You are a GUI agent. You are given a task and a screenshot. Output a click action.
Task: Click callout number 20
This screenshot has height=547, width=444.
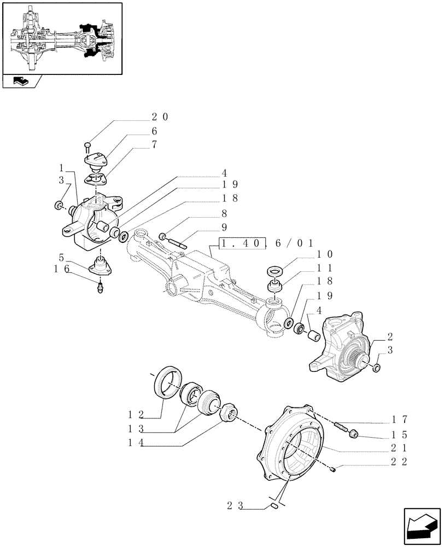160,117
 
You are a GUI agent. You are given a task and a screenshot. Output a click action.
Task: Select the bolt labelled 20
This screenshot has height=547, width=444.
88,146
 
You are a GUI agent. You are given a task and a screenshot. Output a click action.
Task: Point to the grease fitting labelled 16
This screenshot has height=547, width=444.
101,288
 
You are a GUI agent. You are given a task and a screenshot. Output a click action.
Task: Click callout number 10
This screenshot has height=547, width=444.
324,254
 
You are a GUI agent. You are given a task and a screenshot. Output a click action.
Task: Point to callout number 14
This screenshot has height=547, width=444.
134,444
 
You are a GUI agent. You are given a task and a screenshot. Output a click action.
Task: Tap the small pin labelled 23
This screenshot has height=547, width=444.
276,508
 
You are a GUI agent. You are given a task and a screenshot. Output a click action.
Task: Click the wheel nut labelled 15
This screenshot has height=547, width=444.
354,434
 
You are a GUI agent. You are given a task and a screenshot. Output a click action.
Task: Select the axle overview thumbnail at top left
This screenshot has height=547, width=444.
62,37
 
